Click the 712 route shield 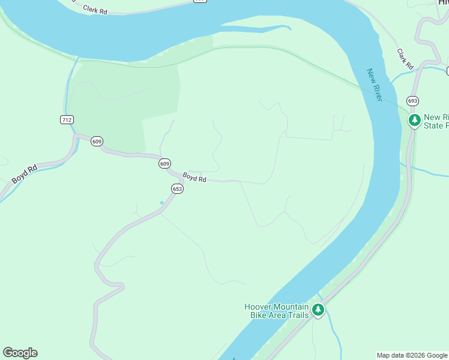point(67,120)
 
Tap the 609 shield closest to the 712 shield point(97,142)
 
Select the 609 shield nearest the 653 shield point(164,163)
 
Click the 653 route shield point(177,188)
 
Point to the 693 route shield point(412,101)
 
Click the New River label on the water point(375,84)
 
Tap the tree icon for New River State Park point(414,121)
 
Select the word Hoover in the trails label point(259,307)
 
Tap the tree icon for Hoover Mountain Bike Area point(318,310)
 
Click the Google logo point(20,353)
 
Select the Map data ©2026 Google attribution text point(412,355)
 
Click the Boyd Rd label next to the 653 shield point(194,178)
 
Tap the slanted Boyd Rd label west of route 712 point(25,175)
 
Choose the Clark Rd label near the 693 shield point(406,58)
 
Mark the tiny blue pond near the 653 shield point(161,203)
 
